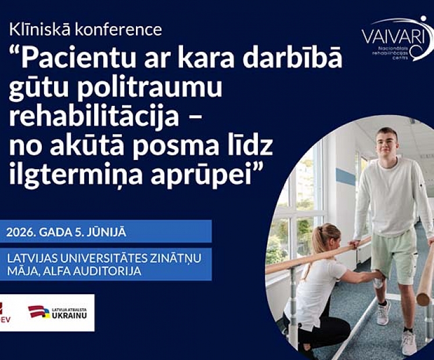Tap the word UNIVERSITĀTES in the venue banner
coord(98,258)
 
